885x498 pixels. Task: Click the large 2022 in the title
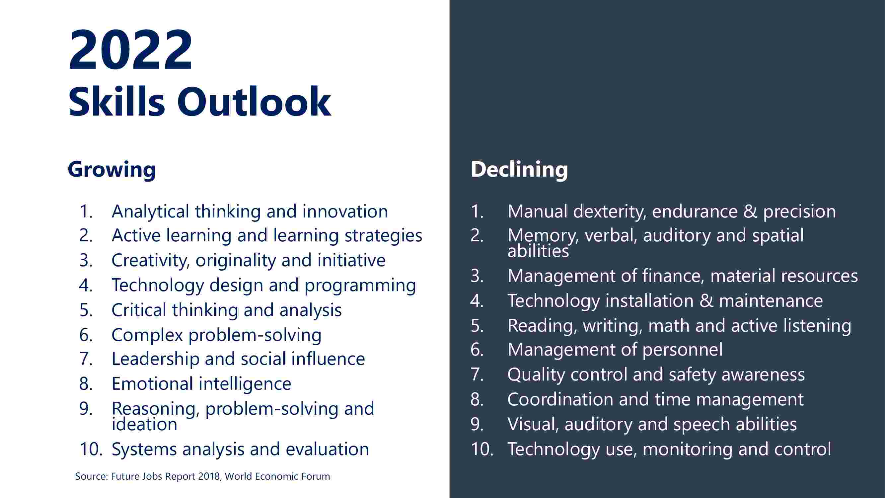[130, 50]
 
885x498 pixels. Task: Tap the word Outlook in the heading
[254, 102]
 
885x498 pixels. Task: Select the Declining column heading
[519, 169]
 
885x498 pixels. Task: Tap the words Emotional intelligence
[201, 384]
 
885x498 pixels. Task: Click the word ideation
[144, 424]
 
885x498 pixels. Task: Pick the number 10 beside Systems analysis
[91, 449]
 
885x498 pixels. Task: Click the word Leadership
[155, 359]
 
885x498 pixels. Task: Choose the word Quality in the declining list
[536, 374]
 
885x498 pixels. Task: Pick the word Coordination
[560, 399]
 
